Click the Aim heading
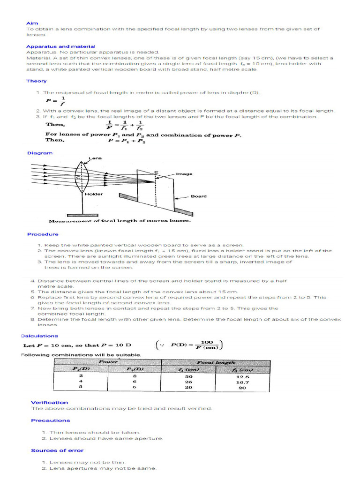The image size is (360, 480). point(32,22)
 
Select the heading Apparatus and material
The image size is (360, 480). point(60,46)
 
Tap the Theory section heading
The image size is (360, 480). point(36,81)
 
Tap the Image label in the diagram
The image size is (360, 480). point(184,174)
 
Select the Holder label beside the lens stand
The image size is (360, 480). point(94,194)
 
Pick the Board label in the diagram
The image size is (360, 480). point(198,196)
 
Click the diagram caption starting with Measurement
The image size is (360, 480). point(120,221)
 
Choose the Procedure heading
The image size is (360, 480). point(43,234)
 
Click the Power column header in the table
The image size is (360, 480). point(108,362)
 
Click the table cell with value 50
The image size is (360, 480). point(188,376)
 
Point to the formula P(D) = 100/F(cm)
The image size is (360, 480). point(188,345)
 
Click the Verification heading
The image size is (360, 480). point(49,402)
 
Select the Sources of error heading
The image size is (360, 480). point(57,450)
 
